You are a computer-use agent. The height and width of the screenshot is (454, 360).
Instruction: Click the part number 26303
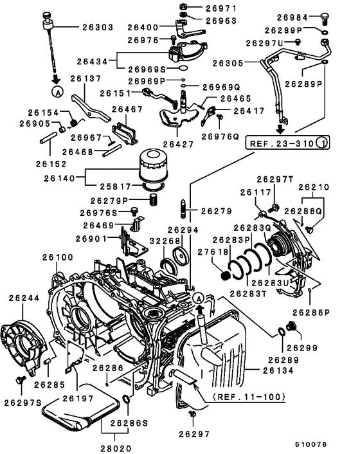[98, 28]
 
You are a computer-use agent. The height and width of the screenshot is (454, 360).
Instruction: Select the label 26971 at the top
[222, 8]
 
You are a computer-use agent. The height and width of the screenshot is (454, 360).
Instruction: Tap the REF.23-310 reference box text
[282, 142]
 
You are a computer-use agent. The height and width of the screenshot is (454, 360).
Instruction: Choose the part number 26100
[59, 257]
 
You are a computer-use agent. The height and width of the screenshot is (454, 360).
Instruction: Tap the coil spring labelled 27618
[225, 276]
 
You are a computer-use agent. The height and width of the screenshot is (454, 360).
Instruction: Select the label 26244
[24, 298]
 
